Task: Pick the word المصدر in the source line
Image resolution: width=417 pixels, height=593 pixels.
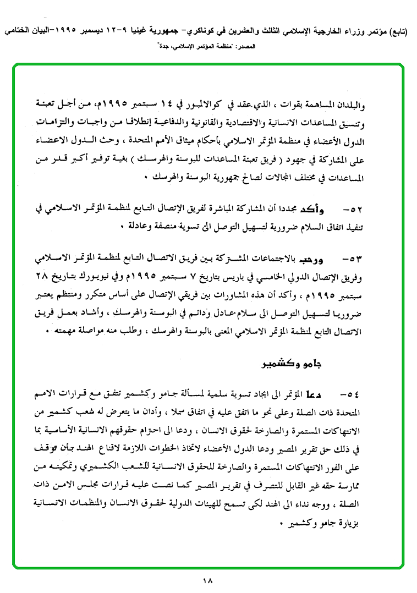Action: [x=259, y=48]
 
